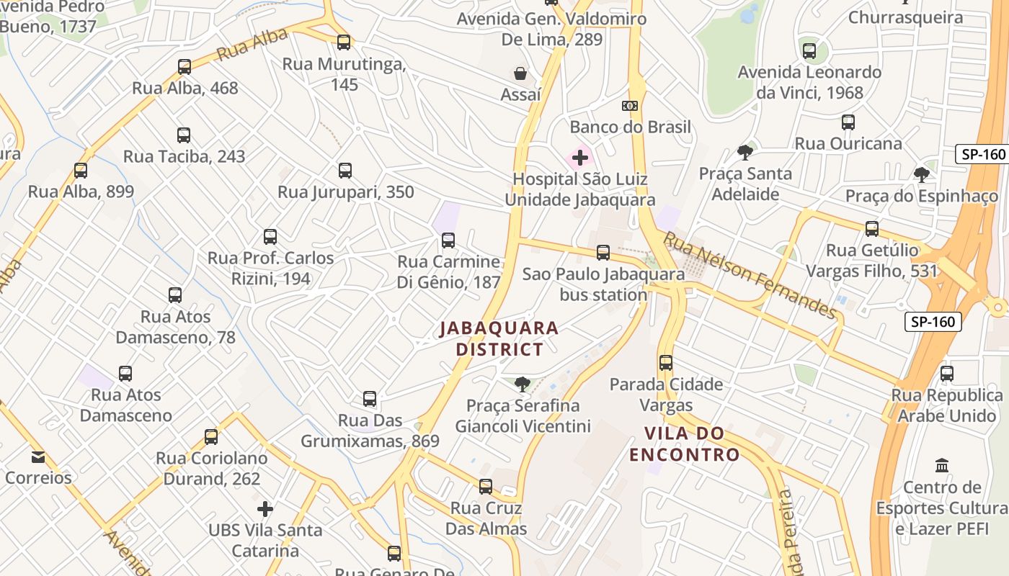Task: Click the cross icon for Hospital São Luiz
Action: pyautogui.click(x=580, y=158)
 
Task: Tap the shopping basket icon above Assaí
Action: pyautogui.click(x=520, y=73)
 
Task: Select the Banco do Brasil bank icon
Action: pyautogui.click(x=630, y=106)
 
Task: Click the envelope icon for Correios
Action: pyautogui.click(x=38, y=457)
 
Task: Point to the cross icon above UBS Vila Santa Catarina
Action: pyautogui.click(x=265, y=509)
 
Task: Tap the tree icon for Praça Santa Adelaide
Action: pyautogui.click(x=745, y=153)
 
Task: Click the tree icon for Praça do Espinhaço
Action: pyautogui.click(x=921, y=175)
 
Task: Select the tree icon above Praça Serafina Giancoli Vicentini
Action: pyautogui.click(x=523, y=384)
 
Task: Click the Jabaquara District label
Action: pyautogui.click(x=499, y=339)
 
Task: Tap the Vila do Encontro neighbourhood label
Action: pyautogui.click(x=684, y=444)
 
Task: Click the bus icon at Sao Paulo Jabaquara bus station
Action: pyautogui.click(x=603, y=253)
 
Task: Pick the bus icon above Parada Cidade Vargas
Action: pyautogui.click(x=666, y=363)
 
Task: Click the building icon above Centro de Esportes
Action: pyautogui.click(x=941, y=466)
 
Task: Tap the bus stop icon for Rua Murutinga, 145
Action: pyautogui.click(x=344, y=42)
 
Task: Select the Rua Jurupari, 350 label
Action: pyautogui.click(x=346, y=192)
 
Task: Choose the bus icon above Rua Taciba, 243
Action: pyautogui.click(x=184, y=135)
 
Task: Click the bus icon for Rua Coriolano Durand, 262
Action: pyautogui.click(x=211, y=437)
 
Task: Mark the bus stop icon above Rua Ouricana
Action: pyautogui.click(x=848, y=122)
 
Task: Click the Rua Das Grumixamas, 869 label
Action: pyautogui.click(x=370, y=431)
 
